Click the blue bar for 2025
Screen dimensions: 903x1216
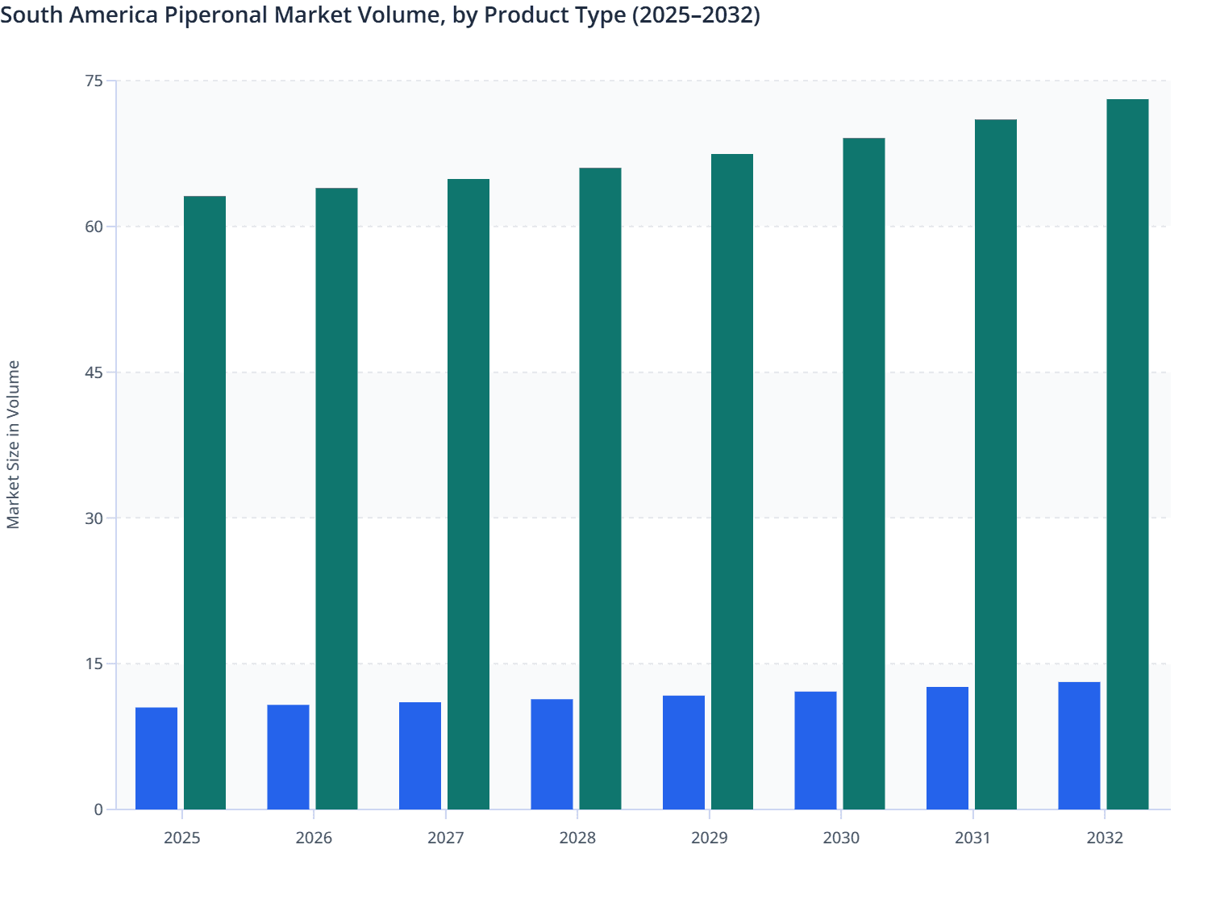tap(156, 758)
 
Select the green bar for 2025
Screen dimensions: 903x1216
tap(205, 502)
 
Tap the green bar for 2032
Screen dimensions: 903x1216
tap(1127, 454)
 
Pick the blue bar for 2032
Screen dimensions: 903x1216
tap(1079, 746)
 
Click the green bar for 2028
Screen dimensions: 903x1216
tap(600, 489)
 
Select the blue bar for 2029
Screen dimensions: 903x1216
tap(684, 752)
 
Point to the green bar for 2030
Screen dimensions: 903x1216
tap(864, 473)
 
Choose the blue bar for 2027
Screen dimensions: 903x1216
tap(420, 755)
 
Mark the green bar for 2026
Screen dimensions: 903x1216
tap(336, 498)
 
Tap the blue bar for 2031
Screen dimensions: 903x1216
tap(947, 748)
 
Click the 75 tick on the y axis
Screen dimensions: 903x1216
tap(94, 81)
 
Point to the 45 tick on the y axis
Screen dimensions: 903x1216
tap(94, 372)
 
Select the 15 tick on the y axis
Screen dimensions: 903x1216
tap(94, 664)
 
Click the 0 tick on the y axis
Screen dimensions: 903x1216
tap(98, 809)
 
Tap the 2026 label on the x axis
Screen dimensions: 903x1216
tap(314, 838)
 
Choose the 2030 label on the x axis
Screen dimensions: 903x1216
tap(841, 838)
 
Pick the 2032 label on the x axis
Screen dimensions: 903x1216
tap(1105, 838)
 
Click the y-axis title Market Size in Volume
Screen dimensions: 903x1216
tap(13, 444)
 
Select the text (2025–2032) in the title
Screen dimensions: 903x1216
tap(695, 15)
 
